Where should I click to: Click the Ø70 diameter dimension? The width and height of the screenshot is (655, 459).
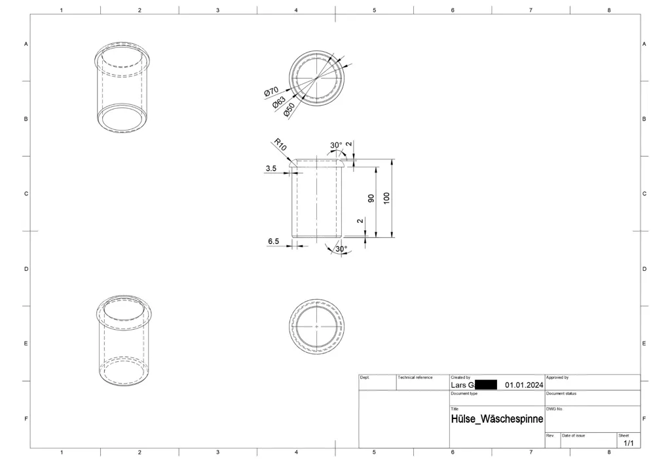272,93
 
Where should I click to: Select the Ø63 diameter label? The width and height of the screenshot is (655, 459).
280,102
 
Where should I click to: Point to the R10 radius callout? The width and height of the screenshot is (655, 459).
280,144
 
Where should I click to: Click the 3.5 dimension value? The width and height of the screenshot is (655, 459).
271,169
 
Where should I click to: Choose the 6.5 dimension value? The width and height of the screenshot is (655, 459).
273,241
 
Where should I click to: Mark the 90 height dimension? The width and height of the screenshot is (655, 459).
371,198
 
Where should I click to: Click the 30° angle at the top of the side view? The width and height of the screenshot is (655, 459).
335,146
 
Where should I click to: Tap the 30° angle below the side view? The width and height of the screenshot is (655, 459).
341,249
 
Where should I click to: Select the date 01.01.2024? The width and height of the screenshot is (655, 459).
524,385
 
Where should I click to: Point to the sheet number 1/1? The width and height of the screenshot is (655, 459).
628,443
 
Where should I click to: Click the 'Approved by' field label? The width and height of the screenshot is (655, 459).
557,378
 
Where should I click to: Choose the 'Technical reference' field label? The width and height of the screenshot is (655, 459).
415,378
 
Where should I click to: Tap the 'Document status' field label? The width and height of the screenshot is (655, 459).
561,393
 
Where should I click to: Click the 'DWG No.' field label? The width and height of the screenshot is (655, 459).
554,409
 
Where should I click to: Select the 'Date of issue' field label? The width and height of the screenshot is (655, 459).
574,435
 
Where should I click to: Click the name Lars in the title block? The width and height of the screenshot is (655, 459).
458,385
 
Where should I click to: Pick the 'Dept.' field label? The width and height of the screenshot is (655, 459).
365,378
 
